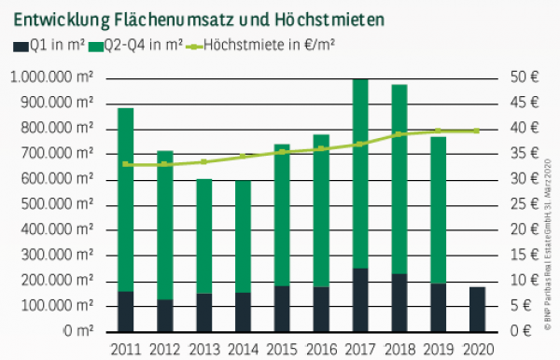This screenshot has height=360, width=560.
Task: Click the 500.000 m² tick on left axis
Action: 55,203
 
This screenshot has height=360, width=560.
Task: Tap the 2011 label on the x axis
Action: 125,348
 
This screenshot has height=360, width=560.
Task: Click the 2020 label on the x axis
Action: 477,348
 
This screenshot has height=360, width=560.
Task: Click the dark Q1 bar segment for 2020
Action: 477,309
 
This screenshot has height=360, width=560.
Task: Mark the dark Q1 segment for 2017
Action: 359,299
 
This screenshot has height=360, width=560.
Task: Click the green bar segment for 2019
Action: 438,210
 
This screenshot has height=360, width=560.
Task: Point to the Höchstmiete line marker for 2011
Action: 125,164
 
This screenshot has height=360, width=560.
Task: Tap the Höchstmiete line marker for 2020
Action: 477,131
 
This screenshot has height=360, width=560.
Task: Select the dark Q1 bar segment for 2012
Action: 164,315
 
